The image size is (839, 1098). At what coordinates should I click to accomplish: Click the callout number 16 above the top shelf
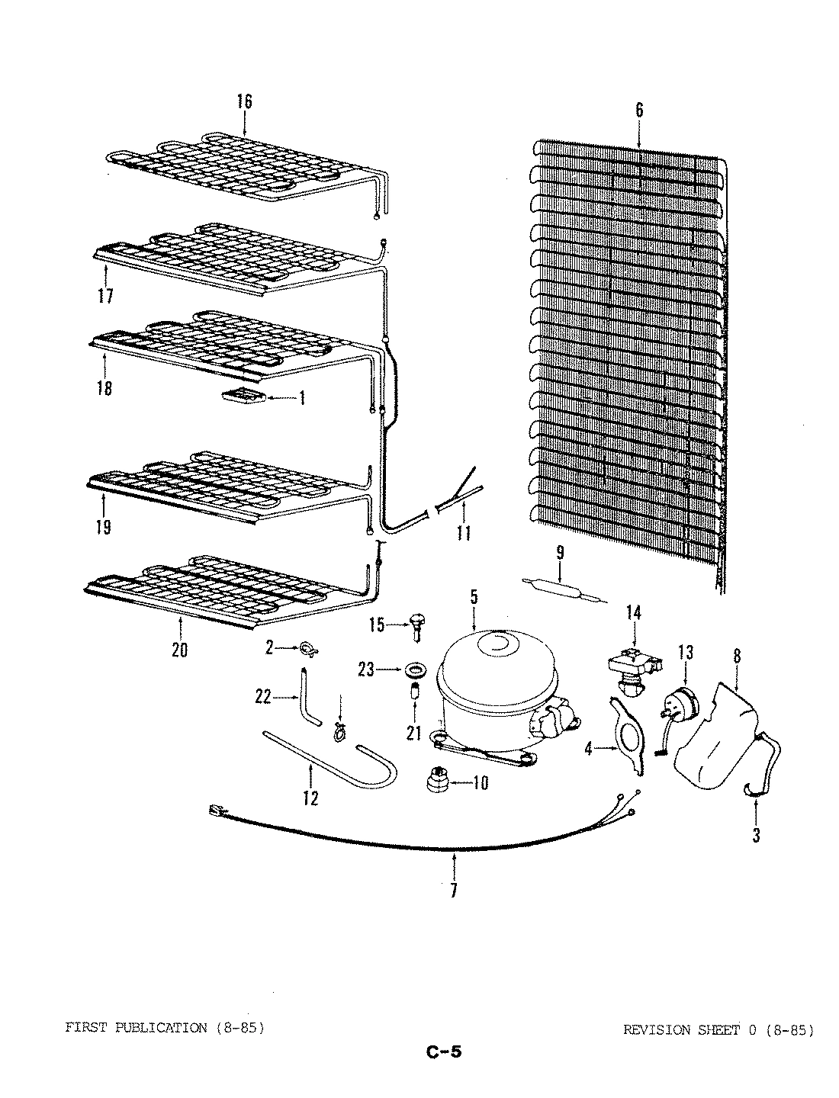pos(243,101)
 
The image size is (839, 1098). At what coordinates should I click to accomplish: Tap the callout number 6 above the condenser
pos(639,110)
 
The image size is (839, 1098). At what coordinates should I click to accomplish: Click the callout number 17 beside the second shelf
pos(105,296)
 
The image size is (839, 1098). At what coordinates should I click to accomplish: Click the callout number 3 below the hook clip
pos(755,835)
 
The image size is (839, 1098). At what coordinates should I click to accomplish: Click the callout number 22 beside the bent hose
pos(262,697)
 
